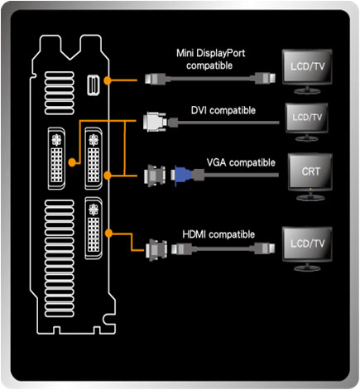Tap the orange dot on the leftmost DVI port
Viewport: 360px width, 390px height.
point(72,161)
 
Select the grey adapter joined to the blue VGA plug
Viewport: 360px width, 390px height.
point(155,176)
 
